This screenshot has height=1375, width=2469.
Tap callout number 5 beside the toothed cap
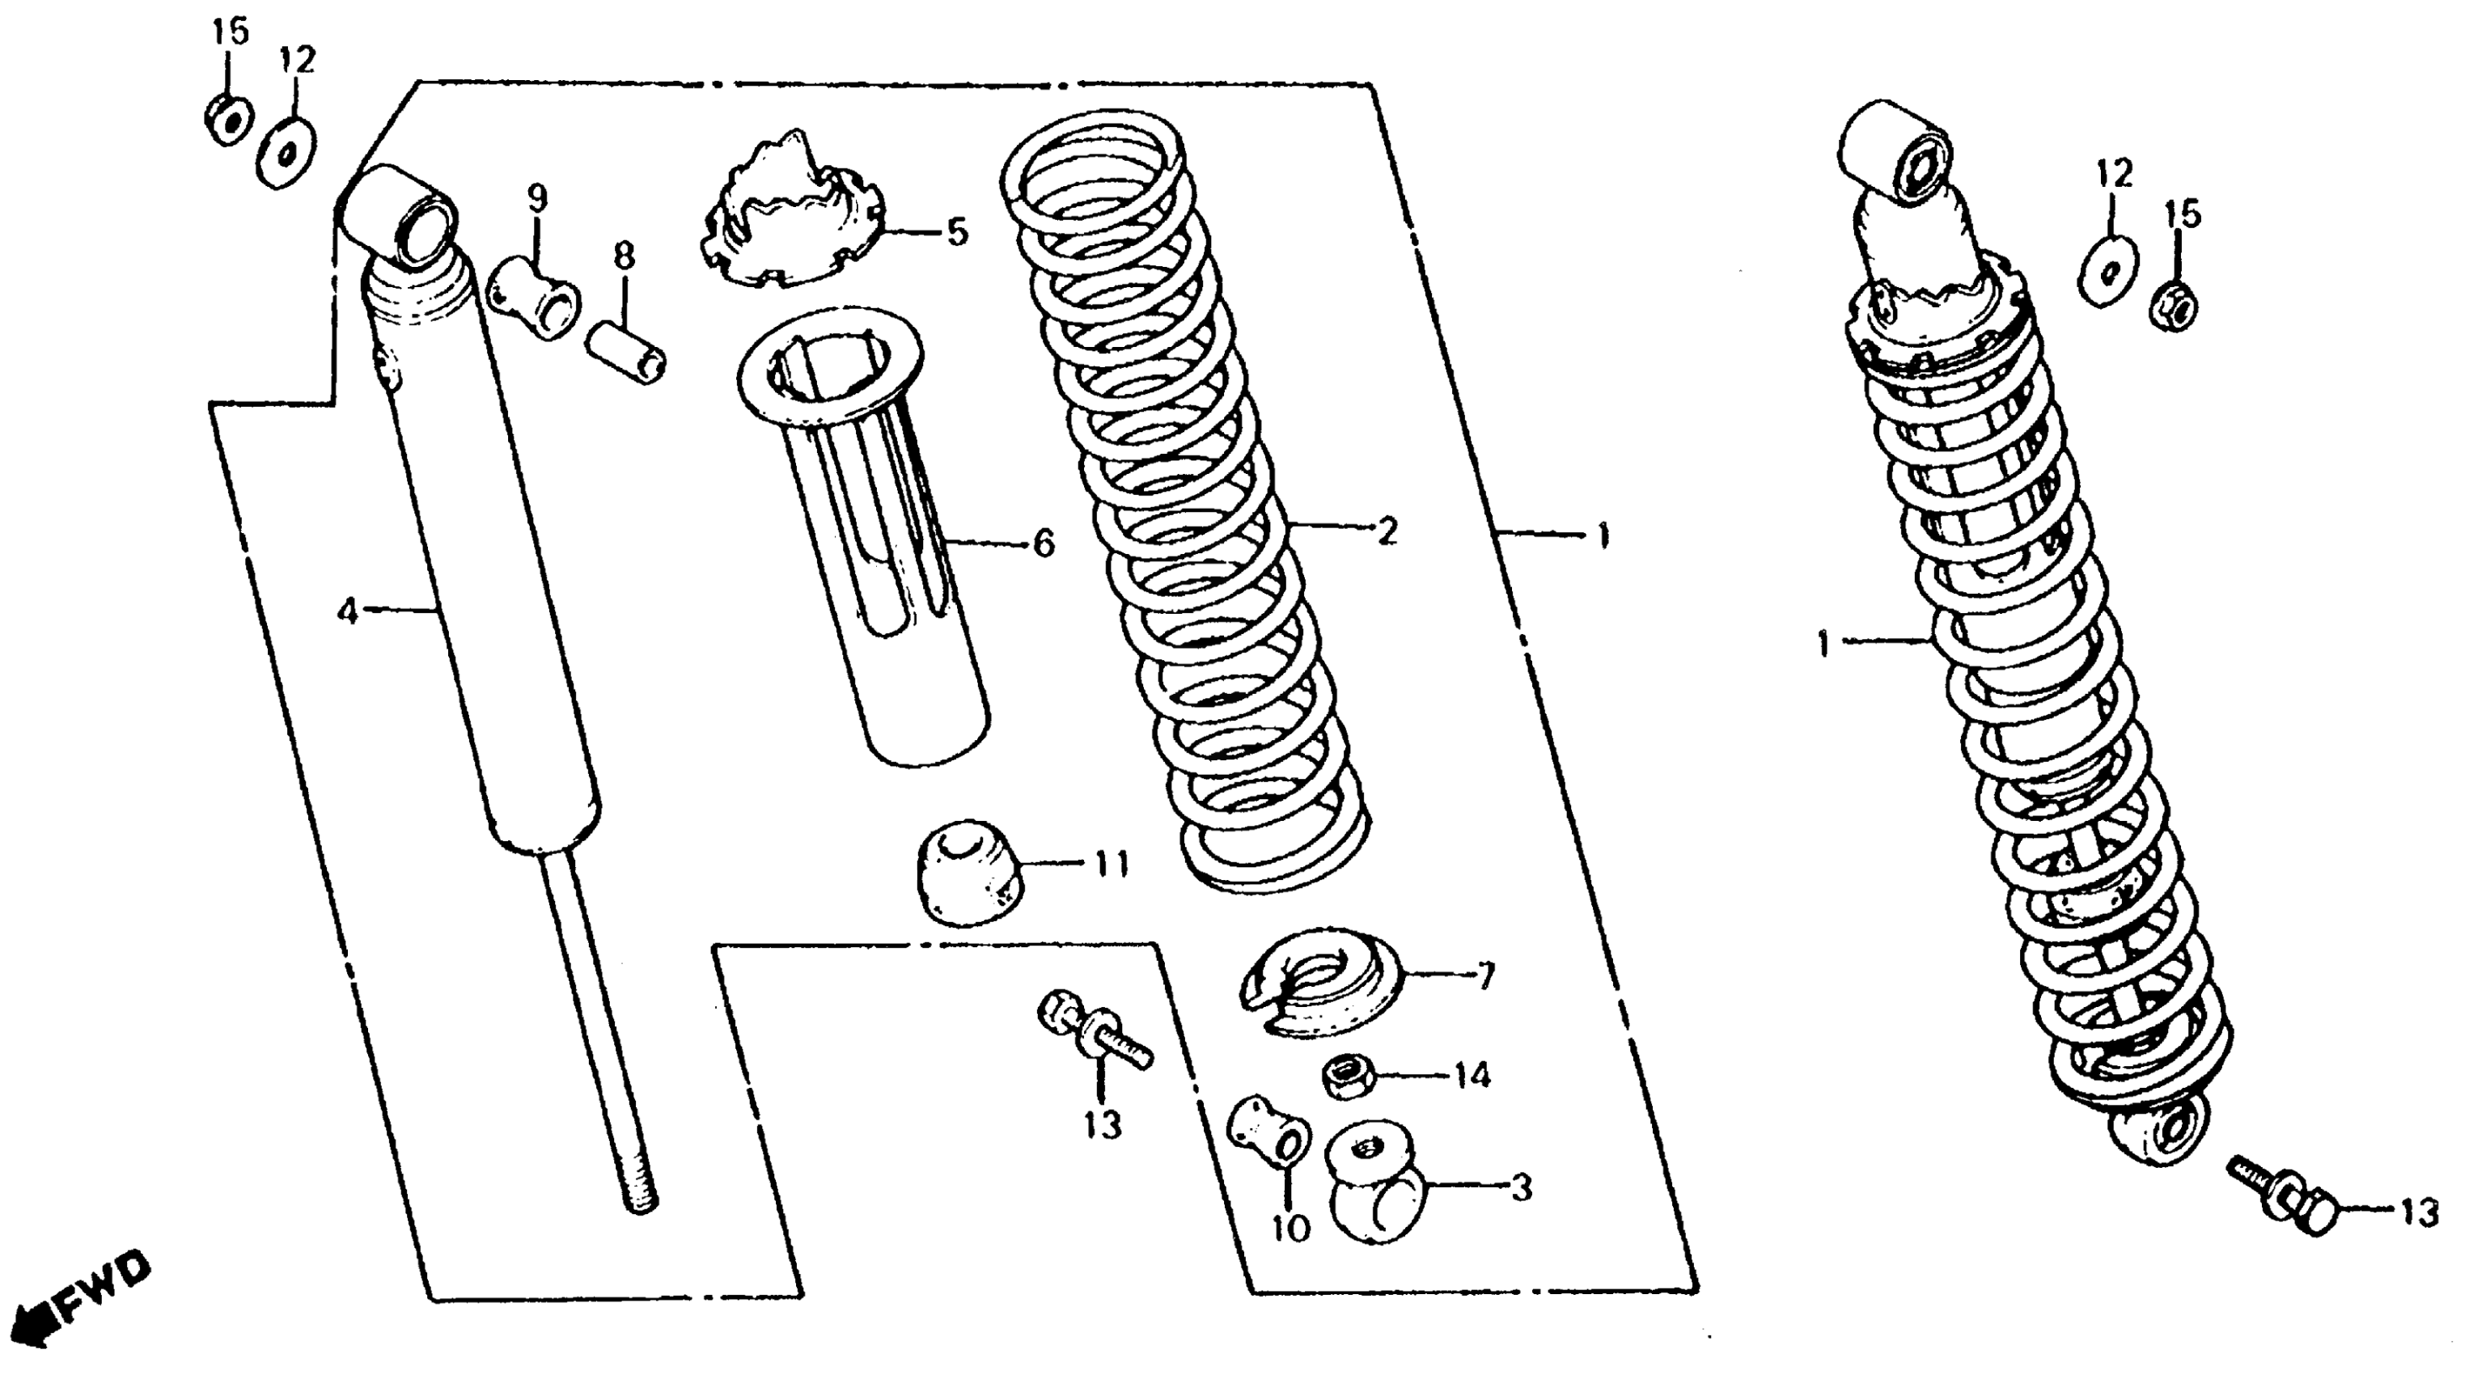coord(956,232)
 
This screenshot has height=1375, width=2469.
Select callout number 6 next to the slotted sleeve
coord(1043,544)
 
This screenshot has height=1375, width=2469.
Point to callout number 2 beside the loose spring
coord(1386,530)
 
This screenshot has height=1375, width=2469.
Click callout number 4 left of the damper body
coord(347,611)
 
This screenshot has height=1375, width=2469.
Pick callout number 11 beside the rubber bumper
coord(1111,865)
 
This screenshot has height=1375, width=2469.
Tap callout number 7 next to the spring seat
coord(1484,976)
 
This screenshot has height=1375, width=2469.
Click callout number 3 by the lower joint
coord(1521,1188)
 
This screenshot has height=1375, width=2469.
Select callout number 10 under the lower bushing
coord(1290,1228)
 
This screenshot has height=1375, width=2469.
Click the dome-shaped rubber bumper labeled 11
coord(966,871)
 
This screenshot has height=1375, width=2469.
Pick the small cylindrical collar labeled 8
coord(627,353)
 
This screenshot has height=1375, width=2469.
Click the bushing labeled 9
coord(536,297)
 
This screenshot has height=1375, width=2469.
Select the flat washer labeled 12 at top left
coord(286,154)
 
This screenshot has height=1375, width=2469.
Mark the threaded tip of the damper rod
coord(642,1198)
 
